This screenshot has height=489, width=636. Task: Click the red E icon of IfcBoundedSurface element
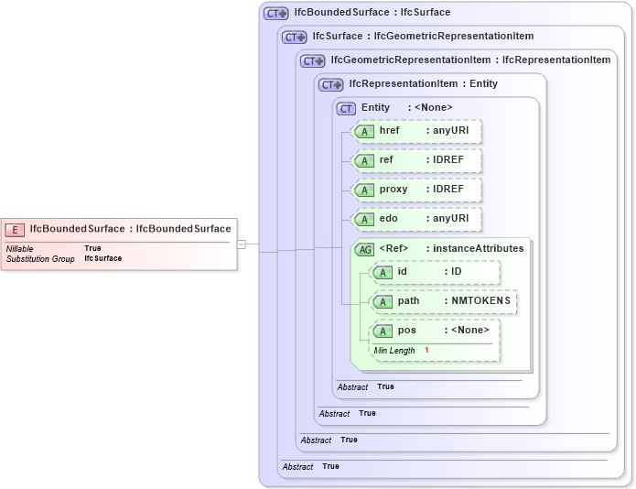[15, 229]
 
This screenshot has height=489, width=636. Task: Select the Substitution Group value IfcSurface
[102, 259]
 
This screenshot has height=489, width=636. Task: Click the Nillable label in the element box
[21, 248]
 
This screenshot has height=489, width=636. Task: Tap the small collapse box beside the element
[241, 244]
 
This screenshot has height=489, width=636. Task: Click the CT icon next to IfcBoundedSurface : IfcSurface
[275, 14]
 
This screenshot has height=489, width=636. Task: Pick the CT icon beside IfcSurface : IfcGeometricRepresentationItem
[294, 38]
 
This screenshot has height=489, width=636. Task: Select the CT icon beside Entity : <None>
[347, 108]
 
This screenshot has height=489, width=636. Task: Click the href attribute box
[416, 131]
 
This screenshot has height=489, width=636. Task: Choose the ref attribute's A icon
[364, 161]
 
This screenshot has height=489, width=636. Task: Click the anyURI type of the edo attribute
[450, 219]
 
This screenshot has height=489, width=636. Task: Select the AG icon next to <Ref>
[364, 249]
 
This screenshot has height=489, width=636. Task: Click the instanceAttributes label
[478, 248]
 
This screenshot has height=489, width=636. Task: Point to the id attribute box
[435, 273]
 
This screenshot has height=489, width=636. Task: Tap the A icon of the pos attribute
[383, 331]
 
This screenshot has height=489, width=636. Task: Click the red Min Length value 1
[426, 351]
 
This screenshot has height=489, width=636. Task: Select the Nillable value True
[92, 248]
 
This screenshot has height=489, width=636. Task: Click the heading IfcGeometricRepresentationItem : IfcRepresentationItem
[470, 60]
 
